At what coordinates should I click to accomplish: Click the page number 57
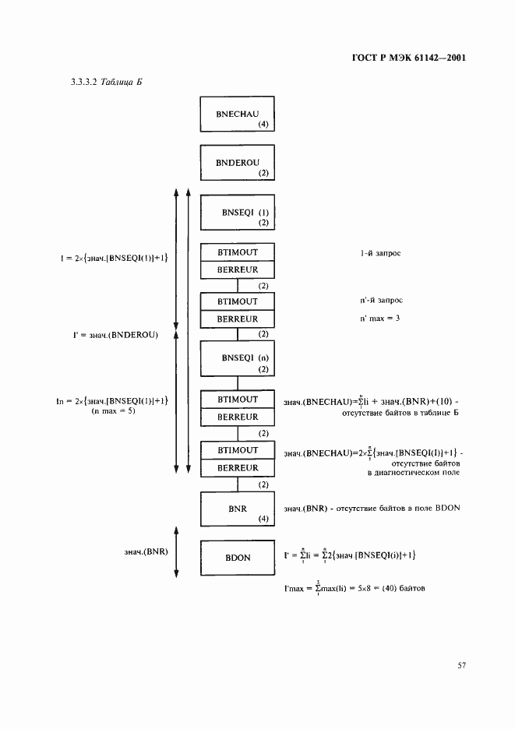461,665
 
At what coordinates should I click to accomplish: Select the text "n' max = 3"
376,318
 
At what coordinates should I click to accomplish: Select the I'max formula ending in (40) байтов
354,588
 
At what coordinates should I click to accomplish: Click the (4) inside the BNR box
263,519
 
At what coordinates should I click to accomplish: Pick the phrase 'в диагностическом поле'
413,472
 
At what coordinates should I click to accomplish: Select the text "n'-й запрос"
377,301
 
